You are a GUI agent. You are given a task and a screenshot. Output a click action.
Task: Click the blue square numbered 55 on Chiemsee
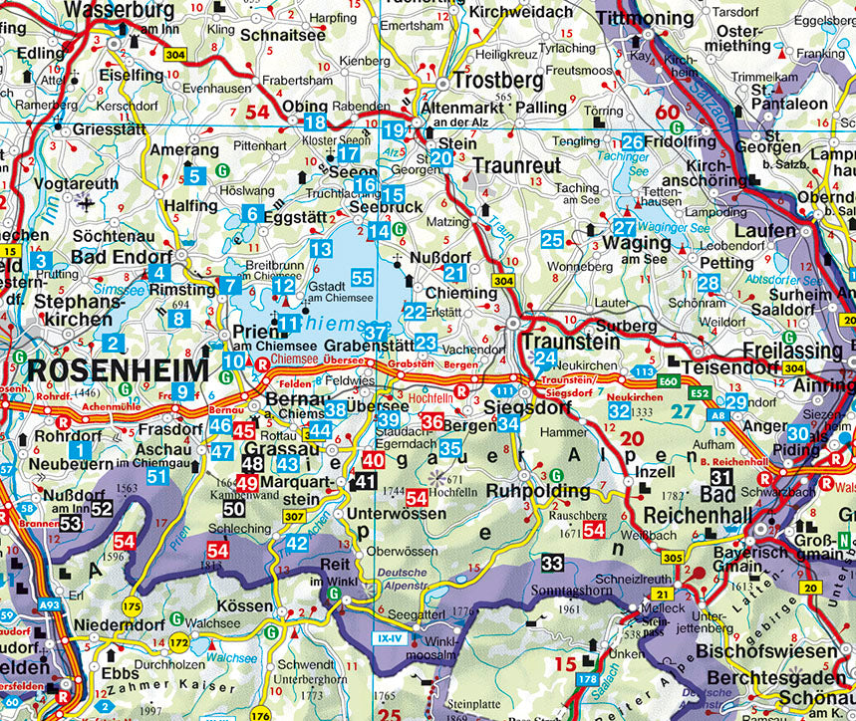pos(362,279)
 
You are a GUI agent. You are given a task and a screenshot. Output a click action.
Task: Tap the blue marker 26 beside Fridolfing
pos(632,141)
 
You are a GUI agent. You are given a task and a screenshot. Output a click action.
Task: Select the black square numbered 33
pos(552,563)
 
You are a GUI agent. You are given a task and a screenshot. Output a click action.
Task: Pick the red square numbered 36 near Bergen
pos(431,422)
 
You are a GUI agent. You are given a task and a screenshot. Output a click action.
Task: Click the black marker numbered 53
pos(70,523)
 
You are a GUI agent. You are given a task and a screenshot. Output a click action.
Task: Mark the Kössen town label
pos(244,605)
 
